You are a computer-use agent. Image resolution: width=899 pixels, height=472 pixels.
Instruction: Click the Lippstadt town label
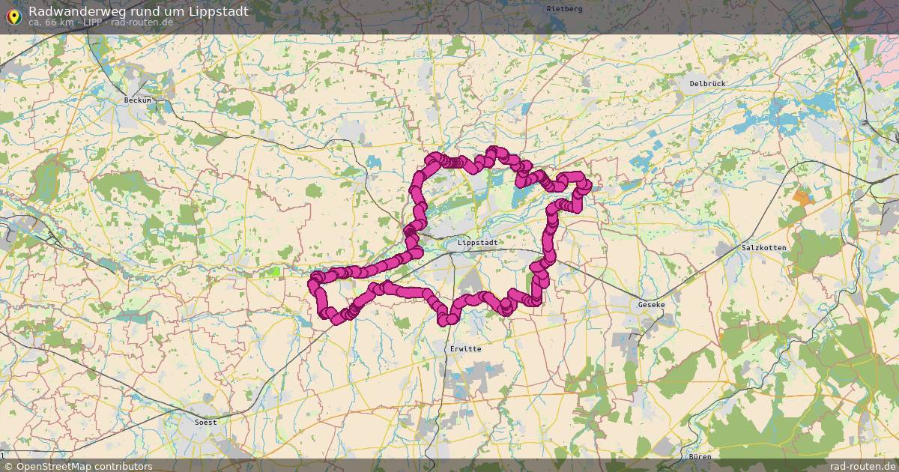(477, 243)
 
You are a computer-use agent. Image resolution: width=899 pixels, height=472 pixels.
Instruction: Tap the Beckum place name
(137, 100)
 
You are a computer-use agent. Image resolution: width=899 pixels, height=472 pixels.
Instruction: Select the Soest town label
(205, 422)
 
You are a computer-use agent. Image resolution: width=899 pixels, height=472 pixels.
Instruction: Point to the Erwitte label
(466, 349)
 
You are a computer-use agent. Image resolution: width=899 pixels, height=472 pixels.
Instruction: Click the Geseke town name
(651, 305)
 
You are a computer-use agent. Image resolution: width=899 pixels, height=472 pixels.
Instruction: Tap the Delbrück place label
(707, 84)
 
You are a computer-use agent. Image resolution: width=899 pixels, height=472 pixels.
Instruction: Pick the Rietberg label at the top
(564, 8)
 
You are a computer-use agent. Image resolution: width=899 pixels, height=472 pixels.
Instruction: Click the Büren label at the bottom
(699, 456)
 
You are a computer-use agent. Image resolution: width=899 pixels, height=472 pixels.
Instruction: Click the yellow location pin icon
(13, 15)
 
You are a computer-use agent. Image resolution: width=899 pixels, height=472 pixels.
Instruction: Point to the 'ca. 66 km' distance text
(51, 22)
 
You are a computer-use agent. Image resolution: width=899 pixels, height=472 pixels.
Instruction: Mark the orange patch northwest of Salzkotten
(802, 199)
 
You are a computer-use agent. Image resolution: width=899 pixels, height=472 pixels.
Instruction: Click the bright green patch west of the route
(276, 271)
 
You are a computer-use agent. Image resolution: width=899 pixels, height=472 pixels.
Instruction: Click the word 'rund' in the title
(156, 11)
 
